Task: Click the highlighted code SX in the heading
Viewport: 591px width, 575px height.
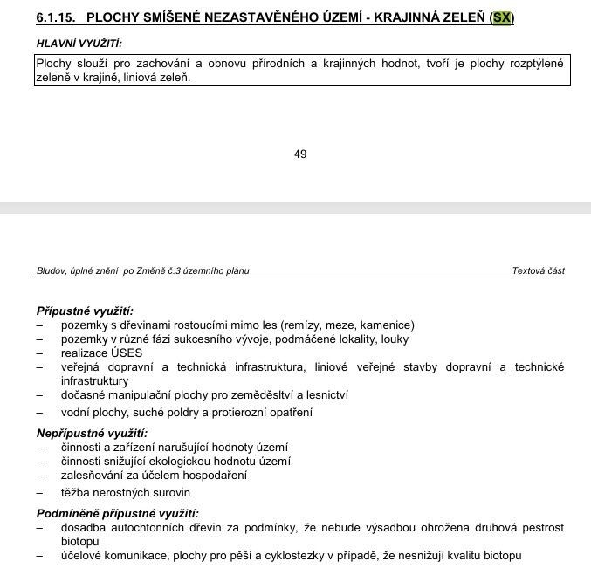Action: (502, 18)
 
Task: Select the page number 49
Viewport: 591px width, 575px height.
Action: (300, 154)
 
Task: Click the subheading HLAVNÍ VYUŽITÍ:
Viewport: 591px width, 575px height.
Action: (79, 43)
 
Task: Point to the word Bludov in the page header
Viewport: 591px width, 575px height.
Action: (52, 271)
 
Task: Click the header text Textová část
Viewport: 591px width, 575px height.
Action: (538, 271)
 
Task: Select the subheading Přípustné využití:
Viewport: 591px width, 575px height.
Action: (85, 311)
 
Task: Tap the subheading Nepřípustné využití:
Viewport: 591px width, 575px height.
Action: (92, 433)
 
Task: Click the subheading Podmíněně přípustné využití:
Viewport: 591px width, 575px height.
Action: (117, 513)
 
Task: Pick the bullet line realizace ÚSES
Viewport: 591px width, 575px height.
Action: (101, 353)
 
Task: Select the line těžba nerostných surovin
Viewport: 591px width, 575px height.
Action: (125, 492)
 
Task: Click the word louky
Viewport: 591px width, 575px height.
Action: (393, 339)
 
